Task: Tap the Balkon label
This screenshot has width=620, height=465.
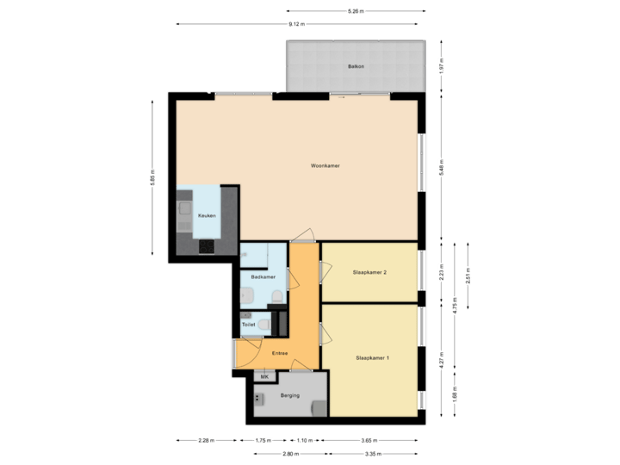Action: pyautogui.click(x=356, y=66)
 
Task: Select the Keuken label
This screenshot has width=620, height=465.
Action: pyautogui.click(x=207, y=215)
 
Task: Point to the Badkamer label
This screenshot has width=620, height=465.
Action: pyautogui.click(x=263, y=277)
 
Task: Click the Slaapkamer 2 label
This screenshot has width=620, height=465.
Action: pyautogui.click(x=369, y=273)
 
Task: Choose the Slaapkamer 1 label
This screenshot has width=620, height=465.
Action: pyautogui.click(x=372, y=357)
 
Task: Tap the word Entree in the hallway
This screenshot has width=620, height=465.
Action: pyautogui.click(x=279, y=353)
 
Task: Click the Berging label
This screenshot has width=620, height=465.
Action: pyautogui.click(x=289, y=396)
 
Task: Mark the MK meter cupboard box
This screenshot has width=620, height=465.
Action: pyautogui.click(x=264, y=376)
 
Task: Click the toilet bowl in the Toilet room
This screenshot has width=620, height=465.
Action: pyautogui.click(x=264, y=325)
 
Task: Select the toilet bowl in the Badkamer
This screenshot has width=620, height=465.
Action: pyautogui.click(x=276, y=297)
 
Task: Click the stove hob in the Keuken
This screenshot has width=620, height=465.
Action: pyautogui.click(x=207, y=246)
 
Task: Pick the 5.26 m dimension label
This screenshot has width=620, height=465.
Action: pyautogui.click(x=356, y=11)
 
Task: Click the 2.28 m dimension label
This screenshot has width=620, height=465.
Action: pyautogui.click(x=206, y=441)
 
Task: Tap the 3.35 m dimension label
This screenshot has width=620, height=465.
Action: pyautogui.click(x=372, y=454)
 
